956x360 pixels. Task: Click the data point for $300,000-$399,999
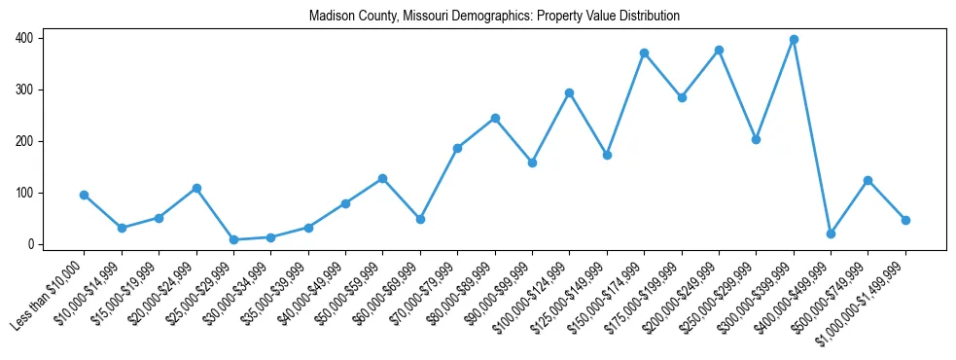click(794, 39)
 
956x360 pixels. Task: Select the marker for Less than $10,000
click(85, 195)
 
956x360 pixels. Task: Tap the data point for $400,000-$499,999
click(831, 234)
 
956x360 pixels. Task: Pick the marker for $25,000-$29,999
click(233, 239)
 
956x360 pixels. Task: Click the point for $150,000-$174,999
click(644, 53)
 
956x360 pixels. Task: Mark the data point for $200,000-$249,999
click(719, 50)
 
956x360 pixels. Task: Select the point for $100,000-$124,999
click(570, 92)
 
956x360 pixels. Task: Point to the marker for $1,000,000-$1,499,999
click(905, 220)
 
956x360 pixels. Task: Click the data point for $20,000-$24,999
click(196, 188)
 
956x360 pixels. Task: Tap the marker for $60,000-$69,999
click(420, 219)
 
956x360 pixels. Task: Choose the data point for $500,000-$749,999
click(867, 180)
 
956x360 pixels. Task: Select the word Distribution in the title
click(649, 17)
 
